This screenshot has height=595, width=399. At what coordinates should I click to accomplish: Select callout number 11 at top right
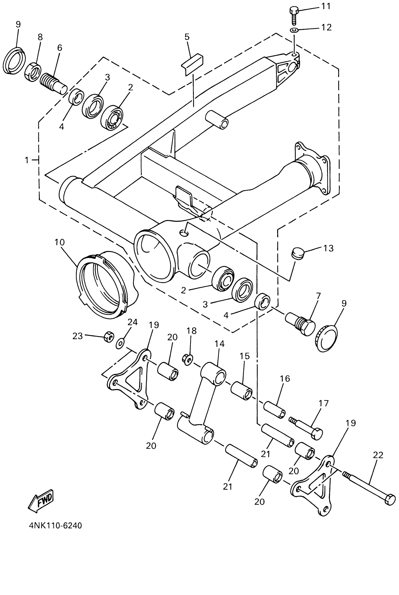pyautogui.click(x=326, y=6)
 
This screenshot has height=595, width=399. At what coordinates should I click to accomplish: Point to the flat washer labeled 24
pyautogui.click(x=120, y=344)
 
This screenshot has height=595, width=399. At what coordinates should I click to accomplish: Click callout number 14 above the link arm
pyautogui.click(x=219, y=344)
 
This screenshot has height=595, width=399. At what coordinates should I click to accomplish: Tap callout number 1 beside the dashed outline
pyautogui.click(x=27, y=160)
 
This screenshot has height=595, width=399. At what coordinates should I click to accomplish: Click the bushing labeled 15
pyautogui.click(x=241, y=390)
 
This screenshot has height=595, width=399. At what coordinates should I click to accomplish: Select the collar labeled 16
pyautogui.click(x=274, y=409)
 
